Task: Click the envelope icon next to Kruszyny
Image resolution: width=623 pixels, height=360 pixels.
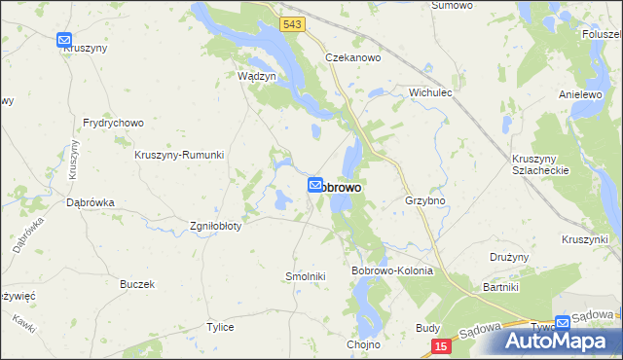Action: (64, 41)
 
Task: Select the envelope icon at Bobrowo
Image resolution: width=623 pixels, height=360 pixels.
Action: (316, 185)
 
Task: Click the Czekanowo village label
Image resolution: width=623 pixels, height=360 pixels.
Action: (352, 58)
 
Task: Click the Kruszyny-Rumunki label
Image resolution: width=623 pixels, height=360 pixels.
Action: (179, 155)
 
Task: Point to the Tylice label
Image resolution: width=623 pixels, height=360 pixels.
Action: (220, 327)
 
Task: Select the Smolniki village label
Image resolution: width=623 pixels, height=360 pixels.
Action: (305, 276)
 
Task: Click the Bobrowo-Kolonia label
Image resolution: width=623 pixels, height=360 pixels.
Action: (391, 270)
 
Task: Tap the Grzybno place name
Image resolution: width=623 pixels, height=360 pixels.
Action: (424, 201)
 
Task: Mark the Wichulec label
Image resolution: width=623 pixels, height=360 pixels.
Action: (433, 93)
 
